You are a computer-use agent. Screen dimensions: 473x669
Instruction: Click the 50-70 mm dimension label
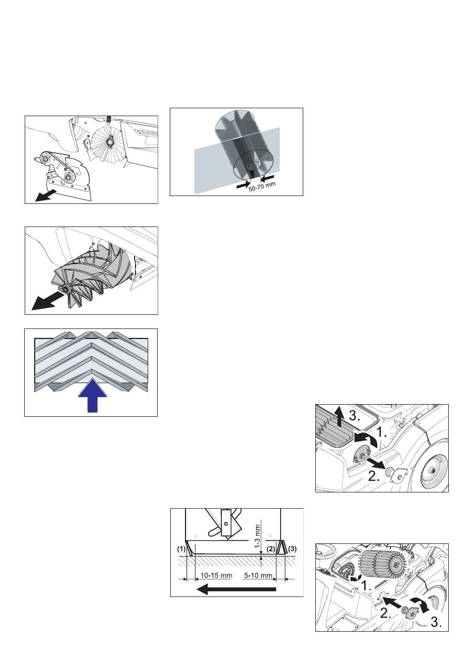tap(262, 187)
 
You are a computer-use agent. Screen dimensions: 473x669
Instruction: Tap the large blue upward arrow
tap(92, 395)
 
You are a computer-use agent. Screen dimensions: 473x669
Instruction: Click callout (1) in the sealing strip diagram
tap(181, 549)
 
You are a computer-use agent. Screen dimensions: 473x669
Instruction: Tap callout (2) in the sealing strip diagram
tap(271, 549)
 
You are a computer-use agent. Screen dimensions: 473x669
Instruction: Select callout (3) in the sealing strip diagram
tap(292, 549)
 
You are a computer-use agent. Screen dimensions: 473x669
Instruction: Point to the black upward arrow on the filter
tap(339, 417)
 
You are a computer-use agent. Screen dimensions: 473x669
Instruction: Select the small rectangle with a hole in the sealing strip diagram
tap(226, 523)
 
